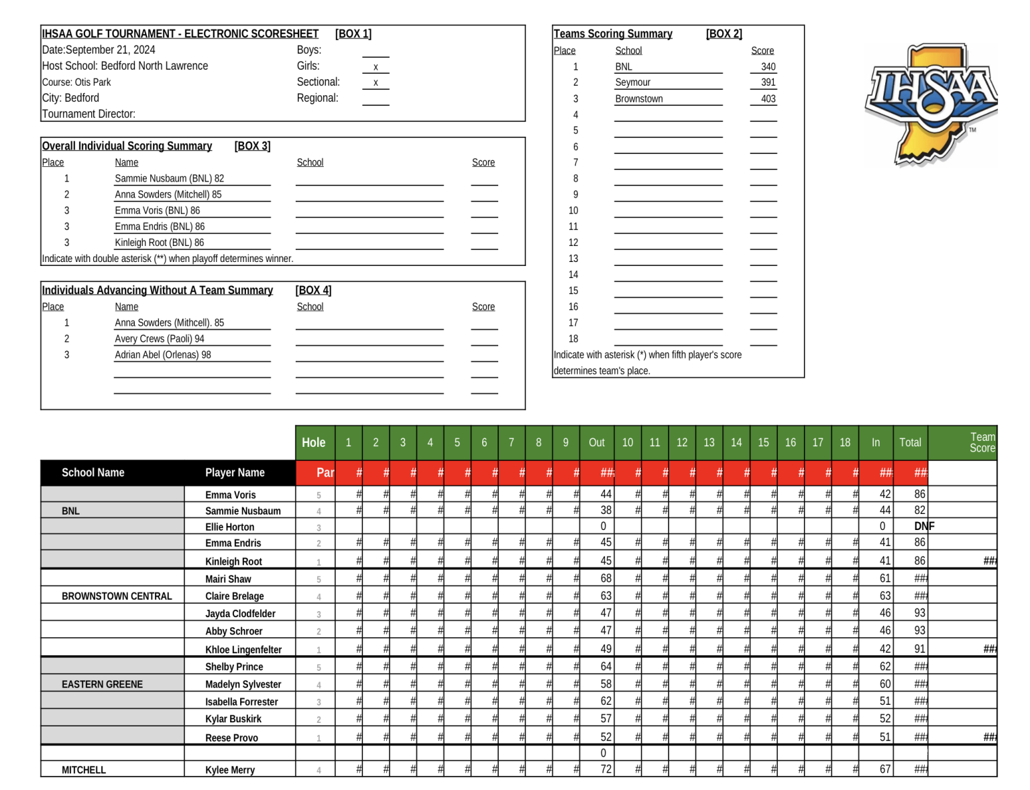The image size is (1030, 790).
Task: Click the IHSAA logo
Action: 931,104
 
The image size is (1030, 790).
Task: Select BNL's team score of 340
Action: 768,67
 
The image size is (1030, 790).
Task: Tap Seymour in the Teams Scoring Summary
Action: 632,82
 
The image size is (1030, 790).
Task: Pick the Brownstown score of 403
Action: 768,99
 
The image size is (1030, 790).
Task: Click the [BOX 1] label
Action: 353,34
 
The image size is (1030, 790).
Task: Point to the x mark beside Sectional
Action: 376,83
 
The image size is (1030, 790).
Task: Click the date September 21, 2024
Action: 99,50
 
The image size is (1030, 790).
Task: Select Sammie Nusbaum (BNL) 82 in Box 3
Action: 169,179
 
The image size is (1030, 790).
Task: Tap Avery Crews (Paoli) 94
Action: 159,339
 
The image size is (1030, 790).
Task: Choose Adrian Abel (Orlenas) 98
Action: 162,355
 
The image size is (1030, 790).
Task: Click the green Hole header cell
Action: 314,443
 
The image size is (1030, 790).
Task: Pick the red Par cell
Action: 325,473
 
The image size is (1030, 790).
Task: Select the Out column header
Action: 596,443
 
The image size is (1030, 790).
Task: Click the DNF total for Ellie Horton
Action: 923,527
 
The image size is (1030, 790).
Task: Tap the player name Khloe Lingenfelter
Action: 243,649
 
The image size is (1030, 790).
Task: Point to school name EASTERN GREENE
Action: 102,684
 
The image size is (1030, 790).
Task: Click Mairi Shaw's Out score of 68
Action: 606,578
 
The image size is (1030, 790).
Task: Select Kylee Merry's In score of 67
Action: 885,769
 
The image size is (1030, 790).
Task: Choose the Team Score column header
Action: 982,443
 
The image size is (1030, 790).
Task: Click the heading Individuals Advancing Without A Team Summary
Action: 157,291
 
